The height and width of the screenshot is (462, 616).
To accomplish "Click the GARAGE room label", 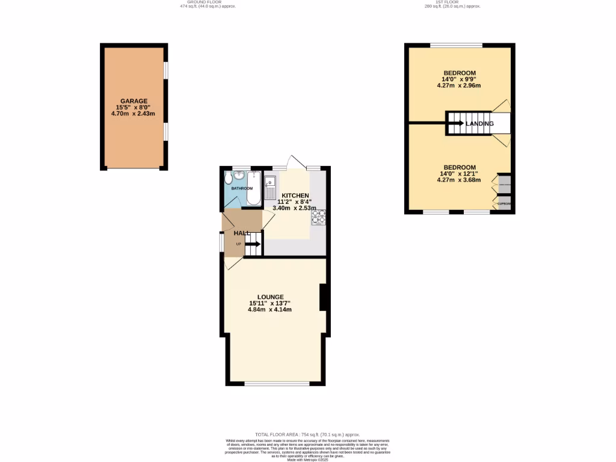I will click(x=134, y=101).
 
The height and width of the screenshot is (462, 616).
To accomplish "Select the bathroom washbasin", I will click(x=239, y=176).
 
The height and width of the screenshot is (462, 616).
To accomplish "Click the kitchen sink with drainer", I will click(x=271, y=186).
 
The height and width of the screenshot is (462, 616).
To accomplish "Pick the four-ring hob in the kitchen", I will click(x=318, y=217).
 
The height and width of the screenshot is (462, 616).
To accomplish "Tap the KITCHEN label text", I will click(x=295, y=196).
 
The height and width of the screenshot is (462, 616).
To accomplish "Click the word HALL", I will click(x=242, y=233).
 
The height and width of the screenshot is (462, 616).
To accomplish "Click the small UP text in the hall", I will click(x=239, y=244).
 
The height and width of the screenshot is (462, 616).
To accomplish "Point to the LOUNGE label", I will click(x=270, y=297).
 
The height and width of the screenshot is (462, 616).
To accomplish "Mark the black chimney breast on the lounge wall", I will click(x=322, y=297).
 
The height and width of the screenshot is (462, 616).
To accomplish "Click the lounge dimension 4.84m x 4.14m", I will click(x=270, y=310).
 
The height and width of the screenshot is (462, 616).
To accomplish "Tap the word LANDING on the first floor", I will click(x=479, y=124).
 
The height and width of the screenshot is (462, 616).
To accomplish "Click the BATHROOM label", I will click(x=242, y=188).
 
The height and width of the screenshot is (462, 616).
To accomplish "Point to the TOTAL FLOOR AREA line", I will click(x=307, y=434).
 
